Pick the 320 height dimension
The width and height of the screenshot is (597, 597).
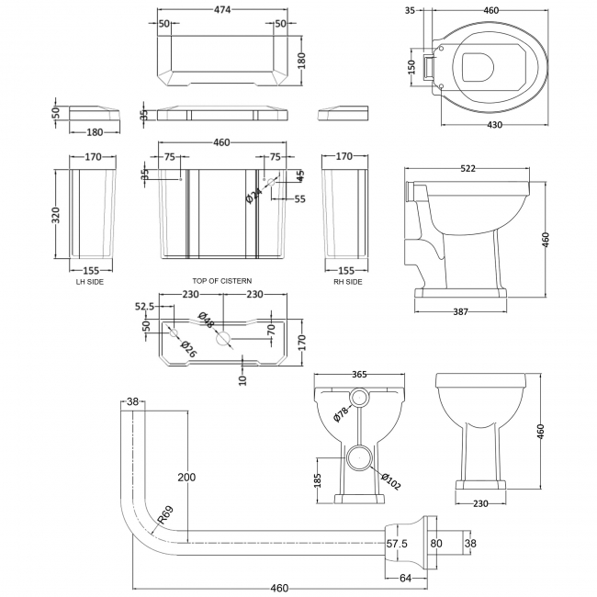coord(58,215)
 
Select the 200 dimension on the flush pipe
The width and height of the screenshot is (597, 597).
coord(187,478)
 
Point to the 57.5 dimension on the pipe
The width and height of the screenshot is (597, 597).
coord(397,544)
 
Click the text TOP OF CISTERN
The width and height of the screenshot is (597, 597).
coord(221,280)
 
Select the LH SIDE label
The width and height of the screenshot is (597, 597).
coord(89,281)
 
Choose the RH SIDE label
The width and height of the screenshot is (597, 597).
coord(347,281)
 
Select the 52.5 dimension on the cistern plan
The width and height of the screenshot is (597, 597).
coord(146,307)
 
